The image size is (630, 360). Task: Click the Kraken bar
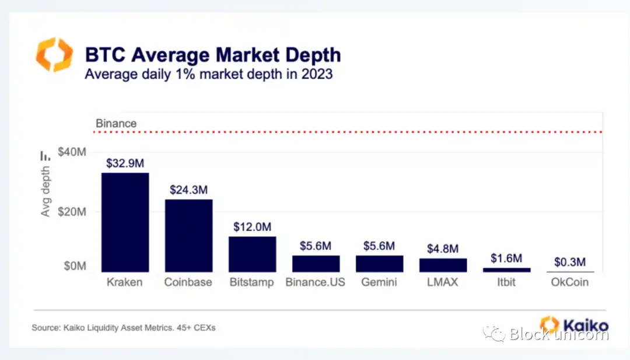(x=125, y=222)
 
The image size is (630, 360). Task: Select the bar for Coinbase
(x=188, y=235)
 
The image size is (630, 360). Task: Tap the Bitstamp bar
(x=252, y=254)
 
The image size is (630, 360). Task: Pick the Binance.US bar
(x=316, y=264)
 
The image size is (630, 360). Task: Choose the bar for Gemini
(x=379, y=264)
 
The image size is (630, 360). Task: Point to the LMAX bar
(x=443, y=265)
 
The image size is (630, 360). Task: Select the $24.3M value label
(x=188, y=190)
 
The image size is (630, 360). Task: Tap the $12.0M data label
(x=252, y=227)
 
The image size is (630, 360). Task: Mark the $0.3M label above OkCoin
(x=570, y=262)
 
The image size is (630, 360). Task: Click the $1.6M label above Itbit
(x=506, y=258)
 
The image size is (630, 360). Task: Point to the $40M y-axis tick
(x=72, y=152)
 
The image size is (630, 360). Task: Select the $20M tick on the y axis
(x=72, y=211)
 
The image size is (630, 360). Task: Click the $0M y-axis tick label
(x=75, y=266)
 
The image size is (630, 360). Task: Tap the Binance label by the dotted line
(x=116, y=124)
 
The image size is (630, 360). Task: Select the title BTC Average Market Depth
(x=213, y=55)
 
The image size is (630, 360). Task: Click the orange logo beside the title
(x=54, y=55)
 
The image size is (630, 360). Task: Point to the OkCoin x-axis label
(x=570, y=282)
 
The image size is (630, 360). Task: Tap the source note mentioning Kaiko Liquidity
(x=124, y=328)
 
